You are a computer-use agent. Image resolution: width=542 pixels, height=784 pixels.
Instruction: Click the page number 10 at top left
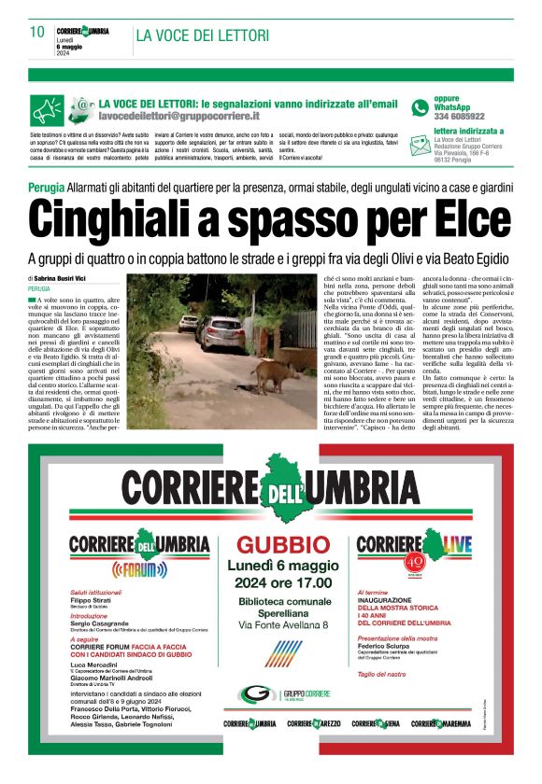pyautogui.click(x=37, y=33)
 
